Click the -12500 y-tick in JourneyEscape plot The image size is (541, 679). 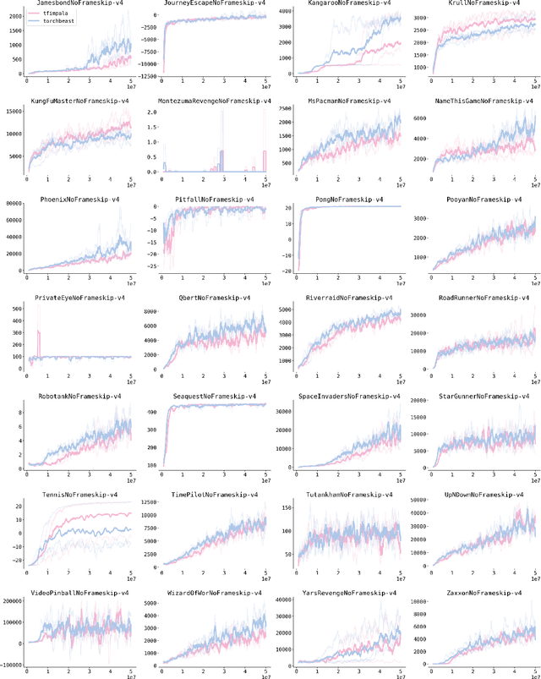(x=150, y=75)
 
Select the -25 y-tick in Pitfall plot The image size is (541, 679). (x=153, y=265)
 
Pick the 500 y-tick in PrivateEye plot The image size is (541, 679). (x=17, y=308)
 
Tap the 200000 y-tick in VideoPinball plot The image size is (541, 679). (x=13, y=601)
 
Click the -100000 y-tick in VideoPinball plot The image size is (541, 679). (x=11, y=664)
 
